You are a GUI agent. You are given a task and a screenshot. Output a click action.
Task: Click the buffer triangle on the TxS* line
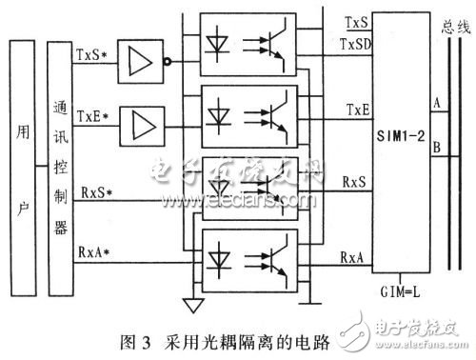click(x=139, y=63)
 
